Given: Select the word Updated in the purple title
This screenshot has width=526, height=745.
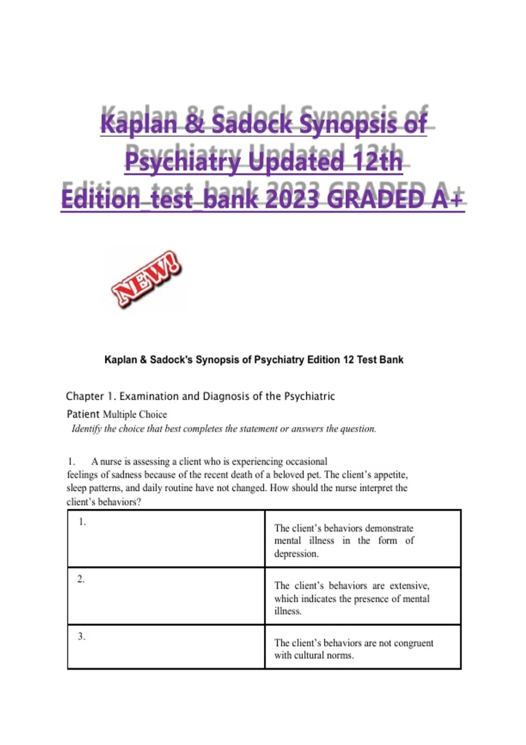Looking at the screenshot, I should click(x=296, y=161).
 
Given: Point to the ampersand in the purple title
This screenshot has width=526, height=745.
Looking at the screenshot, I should click(x=194, y=124).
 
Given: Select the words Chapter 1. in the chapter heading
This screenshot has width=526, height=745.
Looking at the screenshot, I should click(x=91, y=396).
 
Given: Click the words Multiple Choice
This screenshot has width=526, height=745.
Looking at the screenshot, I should click(x=135, y=414).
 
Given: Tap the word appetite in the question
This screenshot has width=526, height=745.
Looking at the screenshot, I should click(x=391, y=475).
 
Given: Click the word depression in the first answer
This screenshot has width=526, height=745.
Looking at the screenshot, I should click(x=296, y=553).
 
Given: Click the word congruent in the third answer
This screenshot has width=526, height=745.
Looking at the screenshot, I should click(x=413, y=643).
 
